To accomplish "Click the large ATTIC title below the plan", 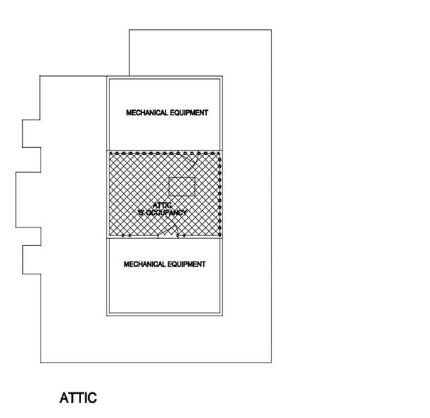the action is pyautogui.click(x=78, y=398).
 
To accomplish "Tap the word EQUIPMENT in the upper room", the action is pyautogui.click(x=189, y=113).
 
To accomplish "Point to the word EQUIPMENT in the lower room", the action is pyautogui.click(x=186, y=264).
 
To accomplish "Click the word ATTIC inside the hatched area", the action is pyautogui.click(x=162, y=205).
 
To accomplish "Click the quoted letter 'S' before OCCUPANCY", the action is pyautogui.click(x=141, y=213).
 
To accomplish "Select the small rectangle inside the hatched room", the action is pyautogui.click(x=182, y=186).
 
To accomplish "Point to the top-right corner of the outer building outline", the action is pyautogui.click(x=272, y=30).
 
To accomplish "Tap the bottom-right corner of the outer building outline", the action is pyautogui.click(x=272, y=363).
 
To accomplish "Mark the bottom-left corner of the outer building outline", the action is pyautogui.click(x=41, y=363).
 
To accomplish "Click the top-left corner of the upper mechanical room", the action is pyautogui.click(x=107, y=76).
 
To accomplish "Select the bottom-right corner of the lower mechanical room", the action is pyautogui.click(x=222, y=316).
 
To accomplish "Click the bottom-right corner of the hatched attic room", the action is pyautogui.click(x=222, y=237).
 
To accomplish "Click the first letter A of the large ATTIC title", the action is pyautogui.click(x=64, y=398).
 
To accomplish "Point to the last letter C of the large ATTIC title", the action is pyautogui.click(x=92, y=398).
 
